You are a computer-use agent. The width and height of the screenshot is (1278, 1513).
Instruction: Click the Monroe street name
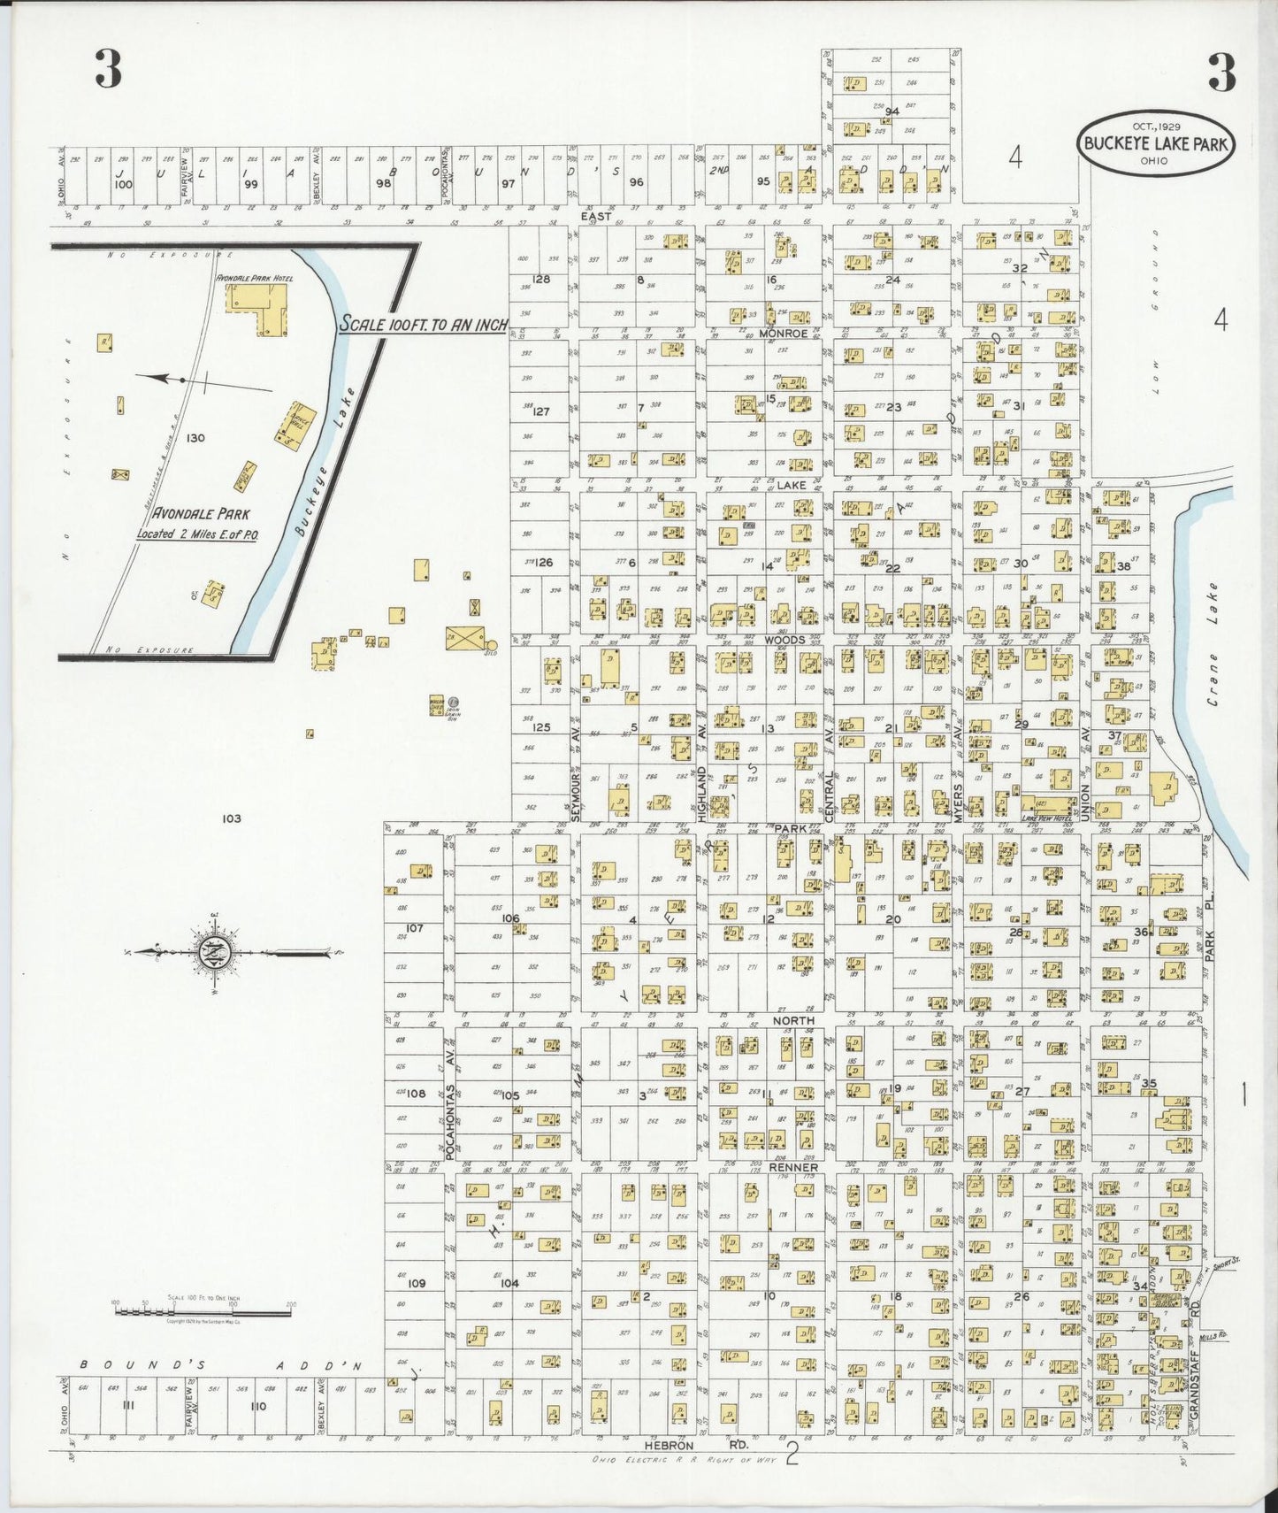point(783,334)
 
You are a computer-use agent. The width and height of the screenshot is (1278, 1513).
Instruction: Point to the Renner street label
point(795,1167)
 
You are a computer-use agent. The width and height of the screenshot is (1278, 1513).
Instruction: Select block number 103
point(232,818)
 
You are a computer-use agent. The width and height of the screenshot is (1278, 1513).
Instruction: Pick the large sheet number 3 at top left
point(108,72)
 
